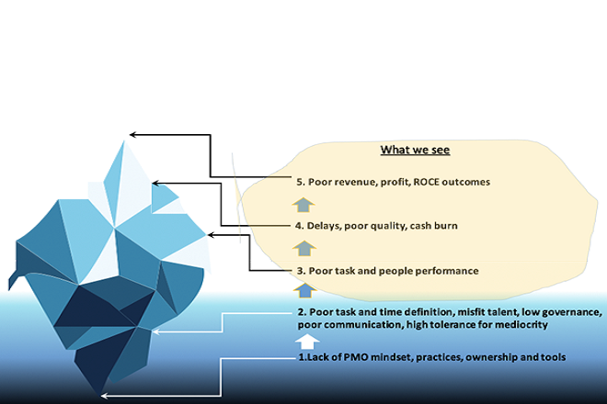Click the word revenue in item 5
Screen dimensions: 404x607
(355, 182)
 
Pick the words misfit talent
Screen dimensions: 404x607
(475, 313)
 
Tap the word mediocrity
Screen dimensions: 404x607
(518, 326)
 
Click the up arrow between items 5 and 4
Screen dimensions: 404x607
(300, 203)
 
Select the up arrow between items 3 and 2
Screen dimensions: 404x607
(300, 291)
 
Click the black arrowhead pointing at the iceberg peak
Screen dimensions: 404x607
(133, 134)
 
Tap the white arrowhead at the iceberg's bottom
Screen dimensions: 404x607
(104, 395)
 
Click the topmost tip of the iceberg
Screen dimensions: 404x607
(124, 140)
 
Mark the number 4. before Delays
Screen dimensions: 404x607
(300, 225)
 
